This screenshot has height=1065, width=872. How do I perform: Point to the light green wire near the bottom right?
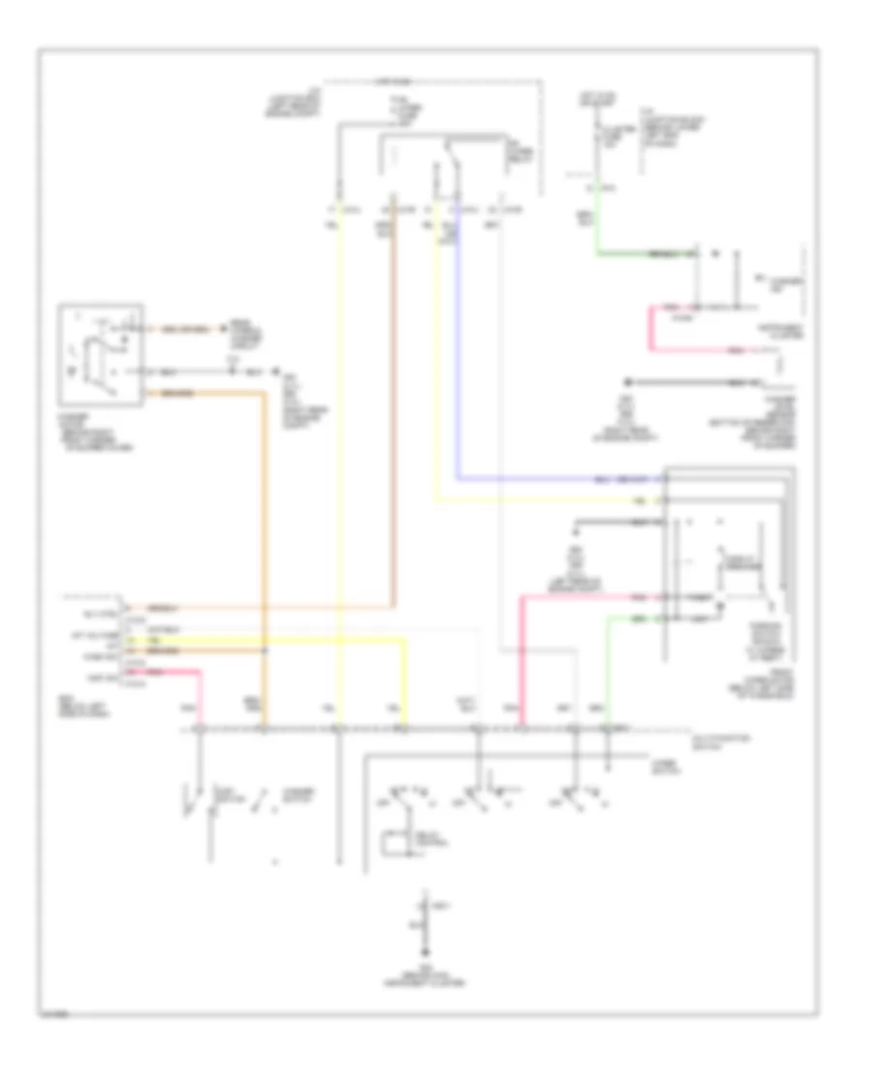tap(608, 668)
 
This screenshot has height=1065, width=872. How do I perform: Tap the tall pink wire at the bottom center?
tap(522, 658)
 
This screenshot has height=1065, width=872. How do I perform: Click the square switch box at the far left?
tap(101, 354)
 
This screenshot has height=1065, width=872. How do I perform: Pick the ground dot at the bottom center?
tap(424, 936)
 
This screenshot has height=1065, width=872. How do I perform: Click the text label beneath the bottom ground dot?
tap(424, 979)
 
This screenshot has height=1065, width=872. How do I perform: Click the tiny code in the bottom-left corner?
tap(55, 1014)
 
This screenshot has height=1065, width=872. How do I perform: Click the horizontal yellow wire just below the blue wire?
tap(543, 501)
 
